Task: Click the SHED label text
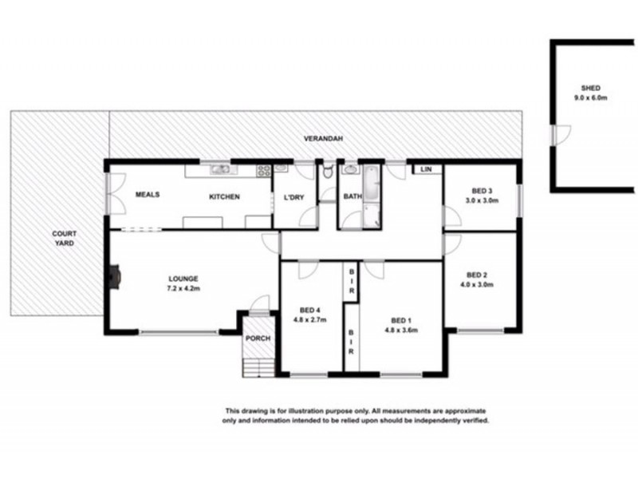click(591, 89)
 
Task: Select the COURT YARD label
click(64, 238)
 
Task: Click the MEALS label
click(148, 195)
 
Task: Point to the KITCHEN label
click(224, 197)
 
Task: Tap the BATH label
click(352, 197)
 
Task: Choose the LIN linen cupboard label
click(426, 170)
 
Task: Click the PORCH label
click(258, 339)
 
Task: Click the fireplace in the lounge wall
click(114, 276)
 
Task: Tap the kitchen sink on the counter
click(218, 169)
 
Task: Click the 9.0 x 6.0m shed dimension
click(591, 98)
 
